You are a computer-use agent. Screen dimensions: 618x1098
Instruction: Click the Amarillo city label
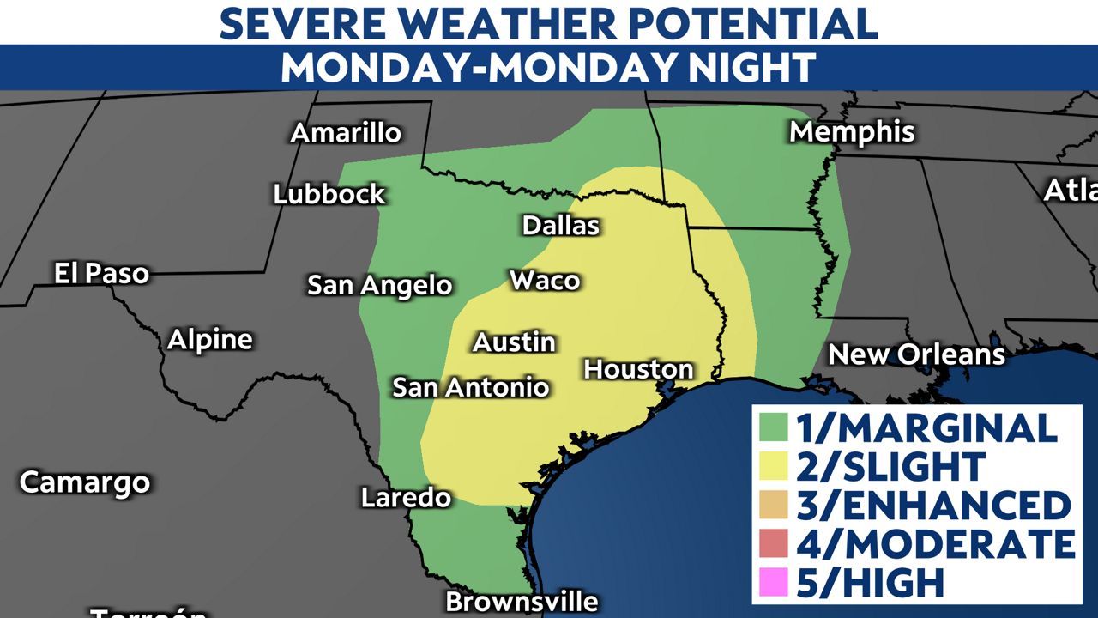pos(346,133)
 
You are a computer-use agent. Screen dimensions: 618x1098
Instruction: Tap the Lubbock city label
pos(329,194)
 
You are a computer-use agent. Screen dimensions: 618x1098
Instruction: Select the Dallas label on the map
pos(561,226)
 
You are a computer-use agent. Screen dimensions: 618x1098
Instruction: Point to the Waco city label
pos(545,281)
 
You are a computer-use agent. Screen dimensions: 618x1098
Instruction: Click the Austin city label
pos(515,342)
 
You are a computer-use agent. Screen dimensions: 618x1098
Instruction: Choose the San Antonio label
pos(470,387)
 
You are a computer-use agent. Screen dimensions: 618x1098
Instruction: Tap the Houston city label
pos(638,369)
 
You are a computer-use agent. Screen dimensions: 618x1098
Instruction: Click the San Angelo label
pos(380,285)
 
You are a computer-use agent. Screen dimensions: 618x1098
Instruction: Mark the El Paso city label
pos(101,274)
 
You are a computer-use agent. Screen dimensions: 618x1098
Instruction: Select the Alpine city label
pos(210,340)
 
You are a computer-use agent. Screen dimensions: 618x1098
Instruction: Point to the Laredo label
pos(406,497)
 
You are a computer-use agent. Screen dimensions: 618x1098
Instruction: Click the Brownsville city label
pos(522,602)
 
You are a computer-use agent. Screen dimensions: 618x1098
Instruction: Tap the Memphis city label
pos(852,132)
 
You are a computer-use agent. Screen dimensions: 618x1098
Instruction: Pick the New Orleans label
pos(916,354)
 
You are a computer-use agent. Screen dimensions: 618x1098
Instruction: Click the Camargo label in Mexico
pos(85,482)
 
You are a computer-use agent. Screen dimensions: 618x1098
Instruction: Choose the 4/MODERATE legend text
pos(935,543)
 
